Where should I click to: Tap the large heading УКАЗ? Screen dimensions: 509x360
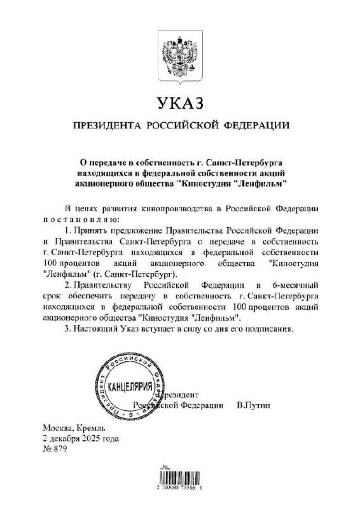tap(180, 103)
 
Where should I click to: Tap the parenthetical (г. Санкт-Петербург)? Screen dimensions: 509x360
tap(135, 274)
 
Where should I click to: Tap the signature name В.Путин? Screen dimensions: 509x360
tap(253, 405)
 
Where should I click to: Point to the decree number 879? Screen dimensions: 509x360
tap(60, 450)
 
